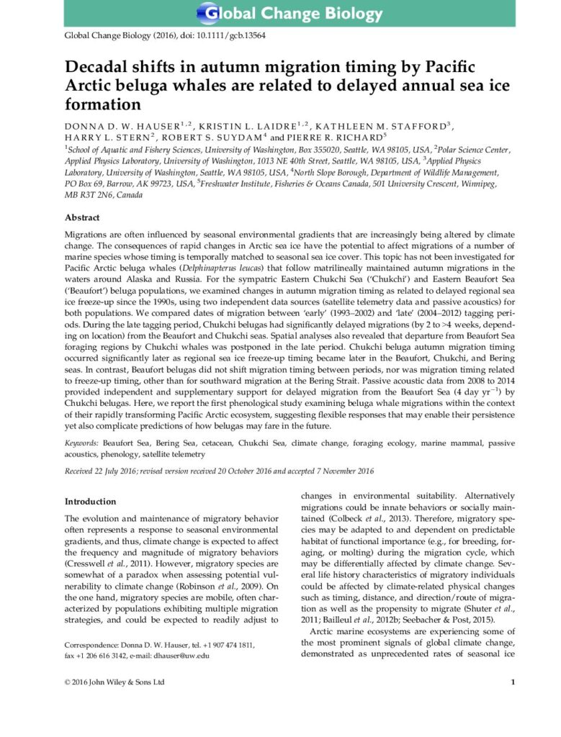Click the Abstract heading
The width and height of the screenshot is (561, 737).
[x=83, y=217]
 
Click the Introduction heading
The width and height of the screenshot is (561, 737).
[x=90, y=502]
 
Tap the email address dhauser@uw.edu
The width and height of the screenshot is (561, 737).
[x=185, y=656]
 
